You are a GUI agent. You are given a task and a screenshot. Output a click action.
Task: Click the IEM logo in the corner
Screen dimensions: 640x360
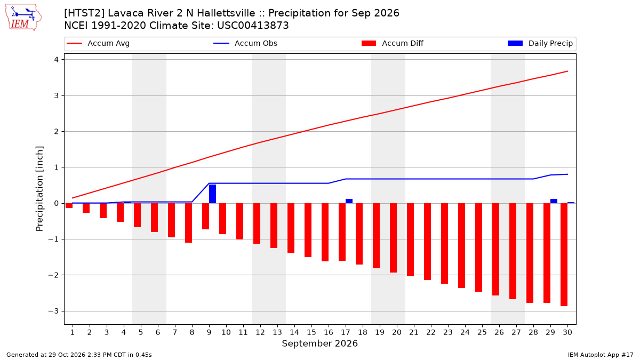pos(23,18)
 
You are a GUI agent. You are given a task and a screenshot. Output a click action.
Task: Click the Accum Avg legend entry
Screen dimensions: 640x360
pos(98,43)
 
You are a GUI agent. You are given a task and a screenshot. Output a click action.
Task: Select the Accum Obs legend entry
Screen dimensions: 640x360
pos(245,43)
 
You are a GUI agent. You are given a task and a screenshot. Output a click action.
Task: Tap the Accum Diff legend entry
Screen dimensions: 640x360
pos(393,43)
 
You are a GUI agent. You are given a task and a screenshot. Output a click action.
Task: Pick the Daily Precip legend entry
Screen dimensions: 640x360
pos(540,43)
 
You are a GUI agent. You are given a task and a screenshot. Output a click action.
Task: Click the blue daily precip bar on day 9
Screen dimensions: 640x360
pos(212,194)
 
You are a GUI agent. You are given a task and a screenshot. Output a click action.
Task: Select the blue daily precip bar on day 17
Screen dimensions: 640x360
pos(349,201)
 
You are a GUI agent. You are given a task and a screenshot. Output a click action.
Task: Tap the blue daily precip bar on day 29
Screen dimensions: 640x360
pos(554,201)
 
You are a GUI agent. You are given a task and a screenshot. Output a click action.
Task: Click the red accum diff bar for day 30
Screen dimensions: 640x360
pos(564,254)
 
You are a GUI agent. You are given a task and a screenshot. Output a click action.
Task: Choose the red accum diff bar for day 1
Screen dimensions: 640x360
pos(69,205)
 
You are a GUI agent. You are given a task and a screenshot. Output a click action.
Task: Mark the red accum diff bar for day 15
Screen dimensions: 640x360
pos(308,230)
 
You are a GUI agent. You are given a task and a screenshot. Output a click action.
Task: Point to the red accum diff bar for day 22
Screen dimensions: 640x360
pos(427,242)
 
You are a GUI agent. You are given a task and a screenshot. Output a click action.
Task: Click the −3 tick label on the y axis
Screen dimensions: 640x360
pos(53,311)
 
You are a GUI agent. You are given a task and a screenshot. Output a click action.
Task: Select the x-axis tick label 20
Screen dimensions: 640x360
pos(397,332)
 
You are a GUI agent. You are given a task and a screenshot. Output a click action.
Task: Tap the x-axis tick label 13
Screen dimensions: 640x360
pos(277,332)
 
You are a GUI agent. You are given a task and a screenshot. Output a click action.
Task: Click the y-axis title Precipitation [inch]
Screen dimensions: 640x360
pos(39,189)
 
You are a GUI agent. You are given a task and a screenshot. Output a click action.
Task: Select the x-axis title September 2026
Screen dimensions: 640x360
pos(319,343)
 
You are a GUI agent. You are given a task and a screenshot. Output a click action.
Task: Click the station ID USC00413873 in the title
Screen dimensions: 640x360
pos(253,26)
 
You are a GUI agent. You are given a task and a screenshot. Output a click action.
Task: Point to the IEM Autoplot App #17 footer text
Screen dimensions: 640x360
pos(601,355)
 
